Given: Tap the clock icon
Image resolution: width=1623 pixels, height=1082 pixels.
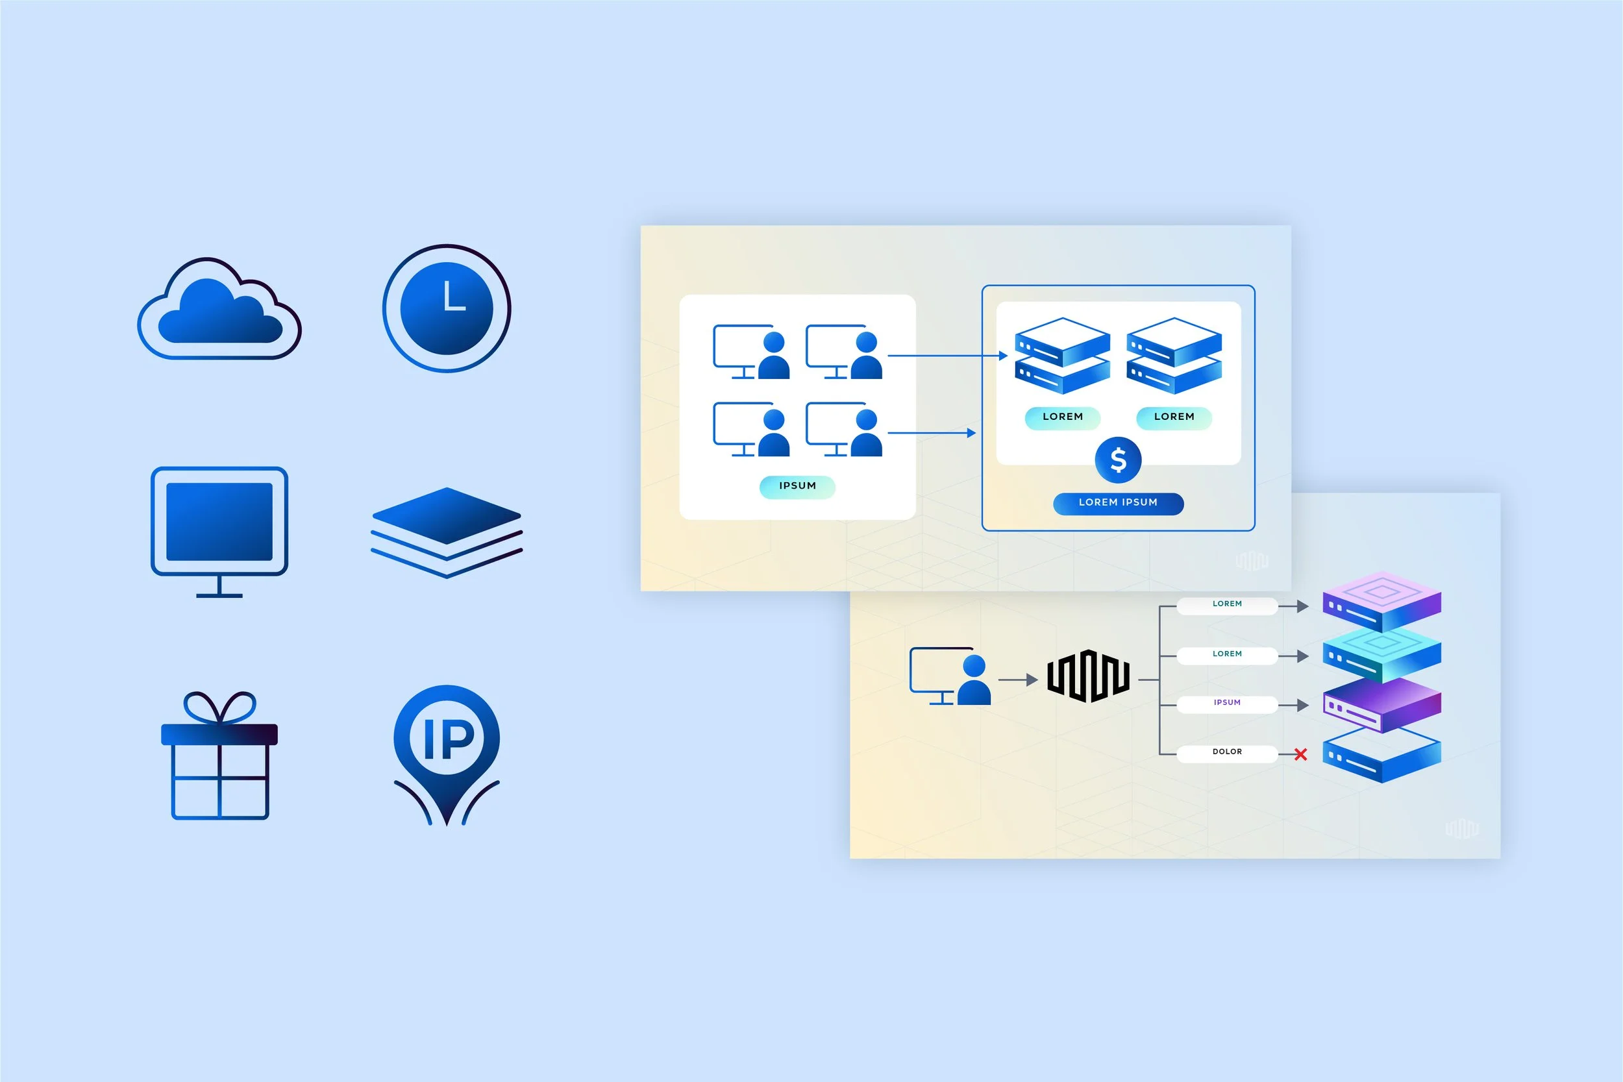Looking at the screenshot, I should pyautogui.click(x=447, y=308).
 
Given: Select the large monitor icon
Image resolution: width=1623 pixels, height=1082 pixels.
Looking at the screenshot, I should pyautogui.click(x=219, y=522).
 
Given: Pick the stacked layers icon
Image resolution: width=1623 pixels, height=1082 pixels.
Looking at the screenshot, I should pyautogui.click(x=447, y=532).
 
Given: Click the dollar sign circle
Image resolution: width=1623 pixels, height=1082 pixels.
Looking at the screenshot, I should pyautogui.click(x=1118, y=460).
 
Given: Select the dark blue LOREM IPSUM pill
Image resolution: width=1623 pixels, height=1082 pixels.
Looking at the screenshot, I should pyautogui.click(x=1118, y=503).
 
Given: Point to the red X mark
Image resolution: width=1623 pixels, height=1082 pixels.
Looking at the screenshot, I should pyautogui.click(x=1301, y=754).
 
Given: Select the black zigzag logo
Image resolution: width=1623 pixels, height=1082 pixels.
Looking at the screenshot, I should pyautogui.click(x=1087, y=676).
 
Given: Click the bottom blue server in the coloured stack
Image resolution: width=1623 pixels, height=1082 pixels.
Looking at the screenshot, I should pyautogui.click(x=1381, y=756).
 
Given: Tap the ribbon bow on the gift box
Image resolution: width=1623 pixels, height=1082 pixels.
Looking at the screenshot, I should pyautogui.click(x=219, y=707).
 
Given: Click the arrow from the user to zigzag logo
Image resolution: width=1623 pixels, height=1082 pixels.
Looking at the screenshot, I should pyautogui.click(x=1018, y=680).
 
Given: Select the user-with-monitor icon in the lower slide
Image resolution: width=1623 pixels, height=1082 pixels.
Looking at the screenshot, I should pyautogui.click(x=950, y=676).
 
